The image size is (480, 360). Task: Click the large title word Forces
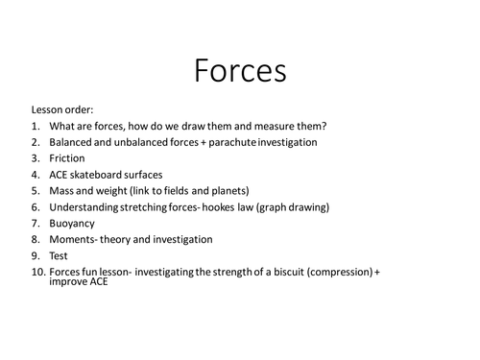240,71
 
